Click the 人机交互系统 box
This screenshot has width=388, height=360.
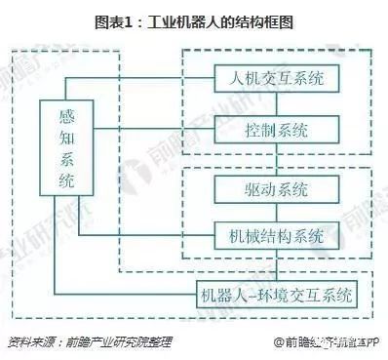click(276, 76)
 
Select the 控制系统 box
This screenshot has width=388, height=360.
click(276, 129)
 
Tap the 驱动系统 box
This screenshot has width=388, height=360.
click(276, 187)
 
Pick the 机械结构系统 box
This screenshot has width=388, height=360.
click(276, 236)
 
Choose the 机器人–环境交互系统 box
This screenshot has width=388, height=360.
click(276, 293)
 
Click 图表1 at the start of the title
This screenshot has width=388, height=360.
click(114, 21)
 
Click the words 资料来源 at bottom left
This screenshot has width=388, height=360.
click(29, 342)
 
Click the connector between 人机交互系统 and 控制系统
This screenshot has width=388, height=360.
click(276, 102)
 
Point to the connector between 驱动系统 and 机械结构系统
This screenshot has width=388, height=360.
click(276, 212)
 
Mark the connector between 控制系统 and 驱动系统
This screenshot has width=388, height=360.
click(276, 157)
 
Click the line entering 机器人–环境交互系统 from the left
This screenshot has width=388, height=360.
click(127, 293)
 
